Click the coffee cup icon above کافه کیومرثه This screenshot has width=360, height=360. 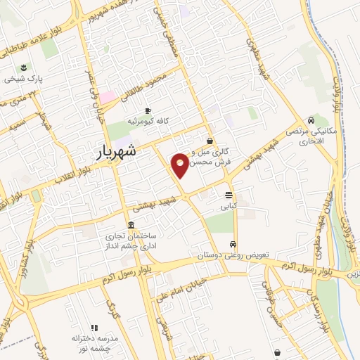click(148, 110)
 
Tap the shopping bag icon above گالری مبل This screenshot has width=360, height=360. click(210, 141)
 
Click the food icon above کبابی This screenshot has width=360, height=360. click(229, 195)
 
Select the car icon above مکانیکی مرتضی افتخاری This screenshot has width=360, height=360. click(311, 120)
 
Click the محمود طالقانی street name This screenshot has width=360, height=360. click(152, 84)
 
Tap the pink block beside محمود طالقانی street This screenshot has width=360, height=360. click(107, 97)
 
